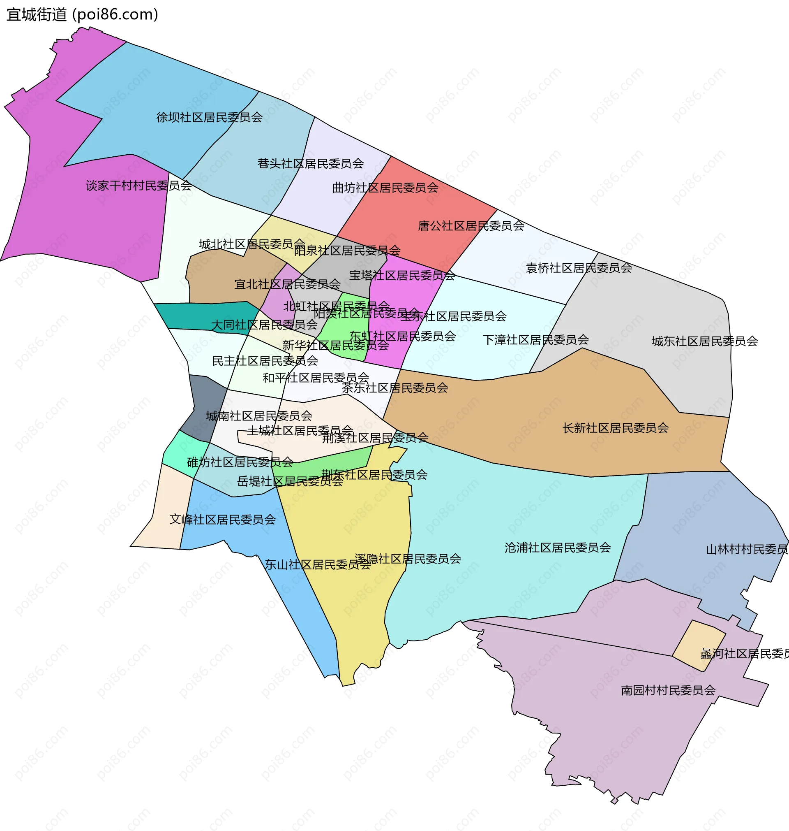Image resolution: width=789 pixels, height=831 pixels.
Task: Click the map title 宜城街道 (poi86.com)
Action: pos(83,15)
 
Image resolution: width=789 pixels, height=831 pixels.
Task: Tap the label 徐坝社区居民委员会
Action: pos(210,118)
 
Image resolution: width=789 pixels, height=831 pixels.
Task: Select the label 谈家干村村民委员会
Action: pos(139,186)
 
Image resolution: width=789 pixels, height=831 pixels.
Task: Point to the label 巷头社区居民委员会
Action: pos(310,164)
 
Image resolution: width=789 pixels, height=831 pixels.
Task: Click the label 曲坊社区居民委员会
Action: pos(385,188)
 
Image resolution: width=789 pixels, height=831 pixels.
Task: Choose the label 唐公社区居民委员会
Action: pos(471,226)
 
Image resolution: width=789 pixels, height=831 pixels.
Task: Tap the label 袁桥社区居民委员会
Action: pos(579,268)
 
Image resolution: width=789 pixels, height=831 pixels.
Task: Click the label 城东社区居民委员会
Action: pos(704,341)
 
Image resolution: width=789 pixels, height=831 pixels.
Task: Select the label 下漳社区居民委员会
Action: pos(535,340)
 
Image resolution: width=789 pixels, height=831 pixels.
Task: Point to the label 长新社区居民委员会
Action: pos(615,429)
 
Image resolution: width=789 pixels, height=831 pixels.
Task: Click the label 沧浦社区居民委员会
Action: pos(557,548)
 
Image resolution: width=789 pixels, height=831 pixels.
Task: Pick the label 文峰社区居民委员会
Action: pos(222,520)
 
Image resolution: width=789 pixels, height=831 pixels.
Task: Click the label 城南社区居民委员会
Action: pos(259,416)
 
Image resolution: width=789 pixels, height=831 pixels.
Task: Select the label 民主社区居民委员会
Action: pos(265,361)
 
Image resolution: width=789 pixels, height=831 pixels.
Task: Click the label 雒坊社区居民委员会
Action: pos(240,463)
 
